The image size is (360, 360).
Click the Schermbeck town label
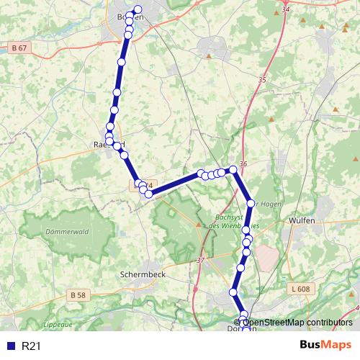tap(145, 275)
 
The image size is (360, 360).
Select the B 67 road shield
tap(20, 48)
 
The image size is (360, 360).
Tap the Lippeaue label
tap(58, 325)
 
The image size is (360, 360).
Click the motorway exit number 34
tap(286, 9)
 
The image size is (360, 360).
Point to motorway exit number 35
tap(261, 81)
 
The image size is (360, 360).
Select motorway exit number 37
tap(199, 259)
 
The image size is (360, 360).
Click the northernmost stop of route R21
tap(138, 9)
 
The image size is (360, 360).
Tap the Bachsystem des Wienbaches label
tap(222, 222)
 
